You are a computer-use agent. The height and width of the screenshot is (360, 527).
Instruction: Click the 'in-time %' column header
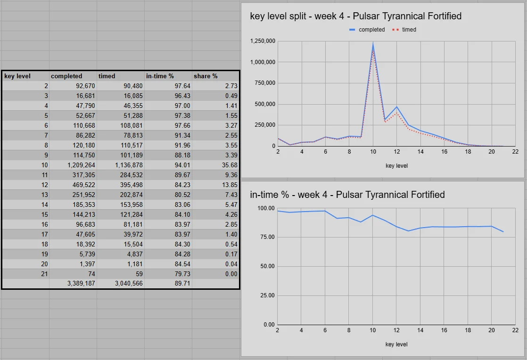pos(160,76)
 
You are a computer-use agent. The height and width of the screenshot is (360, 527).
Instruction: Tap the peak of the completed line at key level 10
pos(373,44)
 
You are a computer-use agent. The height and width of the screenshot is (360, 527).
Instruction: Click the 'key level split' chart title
pos(355,16)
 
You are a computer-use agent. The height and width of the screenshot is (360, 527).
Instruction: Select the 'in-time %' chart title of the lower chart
pos(347,195)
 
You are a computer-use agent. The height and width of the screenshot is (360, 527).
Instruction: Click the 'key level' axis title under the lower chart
pos(396,344)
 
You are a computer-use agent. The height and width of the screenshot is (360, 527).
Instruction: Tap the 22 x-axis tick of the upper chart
pos(515,152)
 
